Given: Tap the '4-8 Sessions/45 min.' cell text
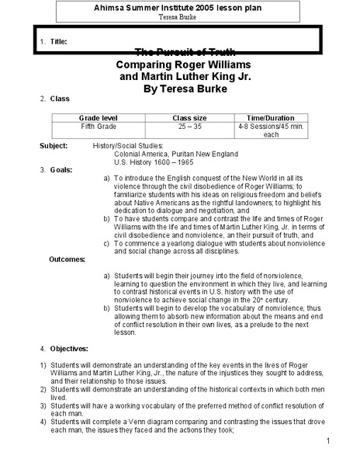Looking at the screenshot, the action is [272, 124].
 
